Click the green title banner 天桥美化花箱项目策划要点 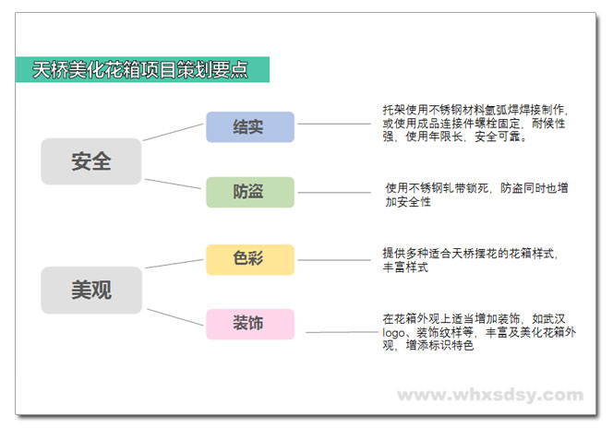point(143,69)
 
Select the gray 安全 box point(91,161)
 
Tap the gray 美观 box point(91,291)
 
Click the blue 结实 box point(250,127)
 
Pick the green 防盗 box point(250,192)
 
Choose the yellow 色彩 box point(250,260)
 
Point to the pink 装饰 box point(250,324)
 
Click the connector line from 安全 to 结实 point(174,132)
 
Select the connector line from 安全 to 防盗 point(173,184)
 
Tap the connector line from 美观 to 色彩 point(174,264)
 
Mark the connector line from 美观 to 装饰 point(175,317)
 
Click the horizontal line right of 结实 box point(334,124)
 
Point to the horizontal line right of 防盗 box point(334,192)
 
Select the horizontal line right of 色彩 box point(334,260)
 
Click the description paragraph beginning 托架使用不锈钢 point(475,123)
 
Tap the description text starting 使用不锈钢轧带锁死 point(476,195)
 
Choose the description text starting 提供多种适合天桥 point(470,260)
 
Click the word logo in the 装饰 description point(393,333)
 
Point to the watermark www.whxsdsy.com point(490,395)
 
